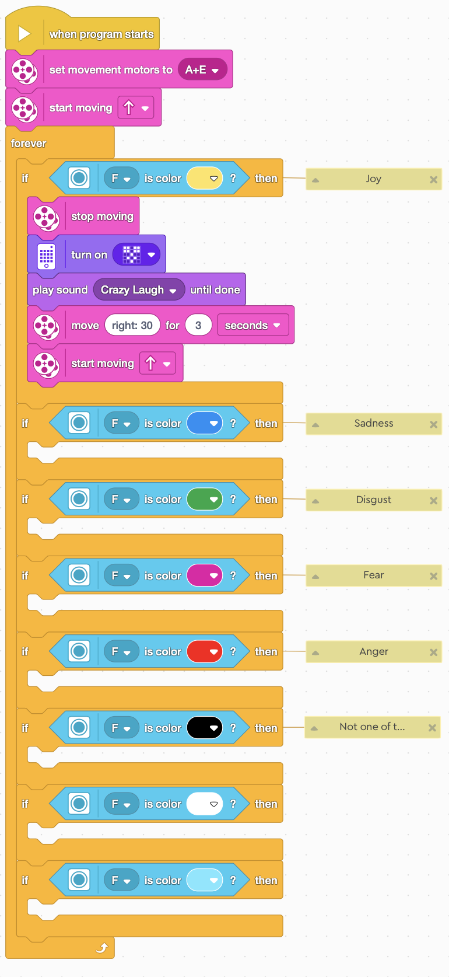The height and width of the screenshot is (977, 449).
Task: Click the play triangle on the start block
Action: [x=24, y=33]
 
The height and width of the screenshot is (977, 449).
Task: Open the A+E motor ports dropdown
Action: [x=202, y=70]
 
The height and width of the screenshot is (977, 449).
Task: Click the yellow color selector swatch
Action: [x=204, y=179]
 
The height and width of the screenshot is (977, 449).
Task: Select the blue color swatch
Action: [x=204, y=424]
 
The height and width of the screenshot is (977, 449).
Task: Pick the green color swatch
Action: [x=204, y=500]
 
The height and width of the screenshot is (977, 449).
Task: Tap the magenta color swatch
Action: [x=204, y=576]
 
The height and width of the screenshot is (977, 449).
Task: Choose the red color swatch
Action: [x=204, y=652]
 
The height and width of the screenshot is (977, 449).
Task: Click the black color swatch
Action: [x=204, y=728]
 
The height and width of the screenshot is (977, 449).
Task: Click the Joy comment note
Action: [x=373, y=179]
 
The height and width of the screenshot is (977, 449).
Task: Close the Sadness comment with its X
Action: [x=433, y=425]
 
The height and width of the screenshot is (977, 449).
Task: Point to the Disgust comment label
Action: [x=373, y=500]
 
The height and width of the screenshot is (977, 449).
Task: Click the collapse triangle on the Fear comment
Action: [x=315, y=577]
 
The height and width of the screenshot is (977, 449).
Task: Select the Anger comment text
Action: [x=373, y=652]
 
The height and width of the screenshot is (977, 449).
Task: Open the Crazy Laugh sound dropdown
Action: [x=139, y=290]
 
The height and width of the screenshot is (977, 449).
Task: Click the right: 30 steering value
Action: [x=132, y=326]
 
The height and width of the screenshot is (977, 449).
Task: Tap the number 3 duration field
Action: [x=198, y=326]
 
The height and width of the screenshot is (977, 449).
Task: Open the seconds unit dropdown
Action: [x=252, y=326]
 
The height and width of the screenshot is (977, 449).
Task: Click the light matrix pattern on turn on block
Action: [x=132, y=254]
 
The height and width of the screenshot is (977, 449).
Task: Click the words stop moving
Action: [x=102, y=217]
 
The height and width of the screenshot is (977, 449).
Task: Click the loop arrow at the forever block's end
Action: [x=102, y=948]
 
